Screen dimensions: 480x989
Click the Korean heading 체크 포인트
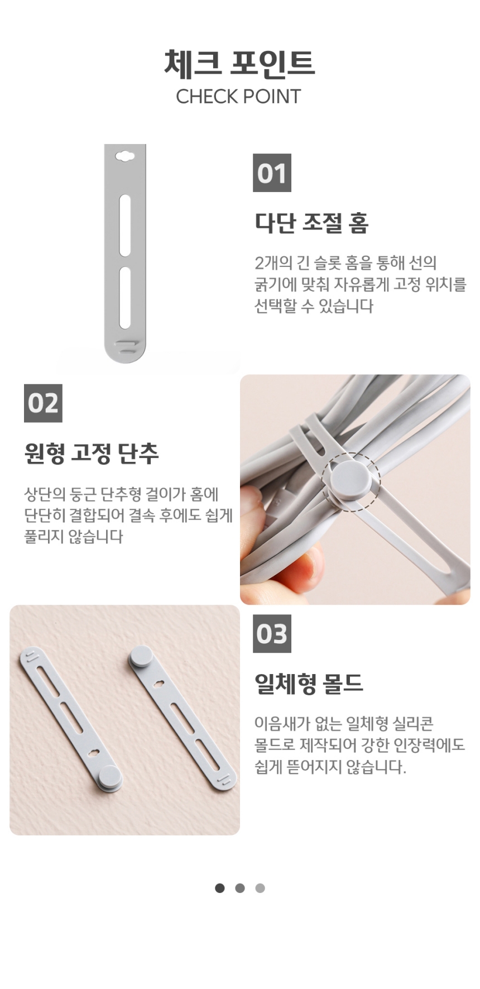239,63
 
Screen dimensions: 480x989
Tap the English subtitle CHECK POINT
238,97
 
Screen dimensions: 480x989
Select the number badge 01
272,173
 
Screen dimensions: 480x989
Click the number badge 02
43,403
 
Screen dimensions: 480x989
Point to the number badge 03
272,634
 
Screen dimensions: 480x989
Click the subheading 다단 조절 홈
311,223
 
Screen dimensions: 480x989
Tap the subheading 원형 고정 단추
92,453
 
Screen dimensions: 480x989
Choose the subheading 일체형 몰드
309,684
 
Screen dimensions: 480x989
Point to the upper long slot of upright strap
125,225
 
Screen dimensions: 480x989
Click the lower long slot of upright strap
125,298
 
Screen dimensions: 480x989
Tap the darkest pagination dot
220,888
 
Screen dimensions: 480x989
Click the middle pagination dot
240,888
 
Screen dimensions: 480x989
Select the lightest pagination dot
260,888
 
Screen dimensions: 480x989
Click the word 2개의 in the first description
271,262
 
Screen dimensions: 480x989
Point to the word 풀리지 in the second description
44,537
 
